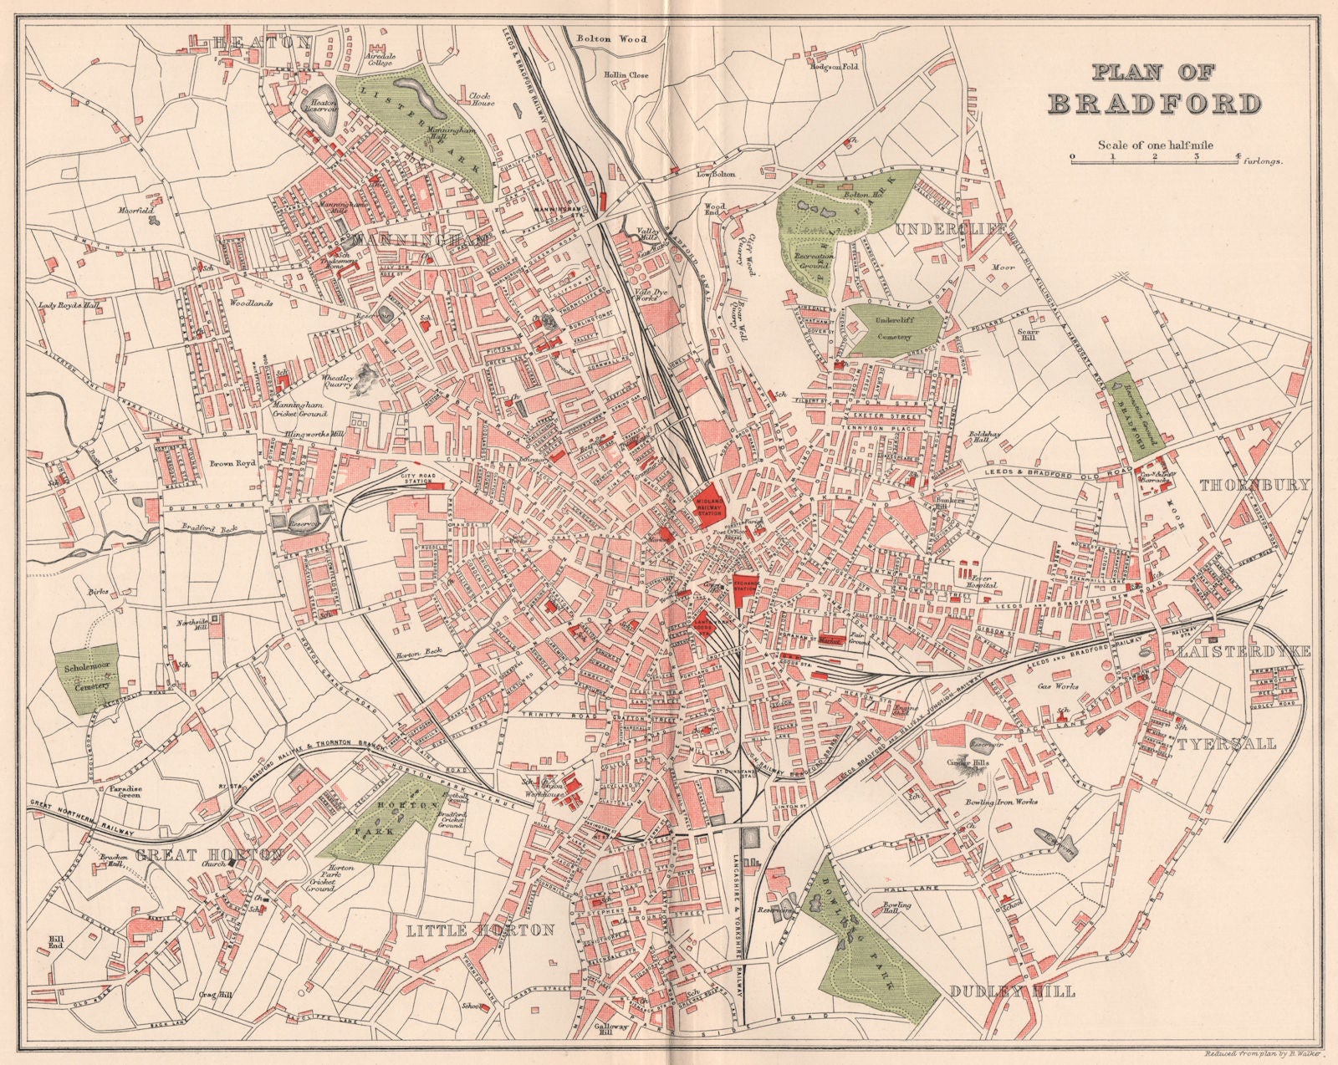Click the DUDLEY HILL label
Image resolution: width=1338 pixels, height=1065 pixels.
coord(1014,992)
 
